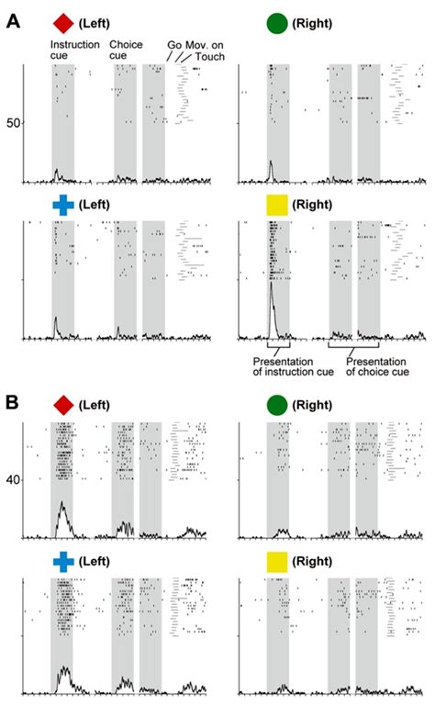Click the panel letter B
13,402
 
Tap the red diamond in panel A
62,22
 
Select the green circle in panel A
276,22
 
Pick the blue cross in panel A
62,205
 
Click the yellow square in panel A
276,205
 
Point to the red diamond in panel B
62,404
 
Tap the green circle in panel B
276,404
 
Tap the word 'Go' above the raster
173,44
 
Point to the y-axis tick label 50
14,122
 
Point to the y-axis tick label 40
14,480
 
